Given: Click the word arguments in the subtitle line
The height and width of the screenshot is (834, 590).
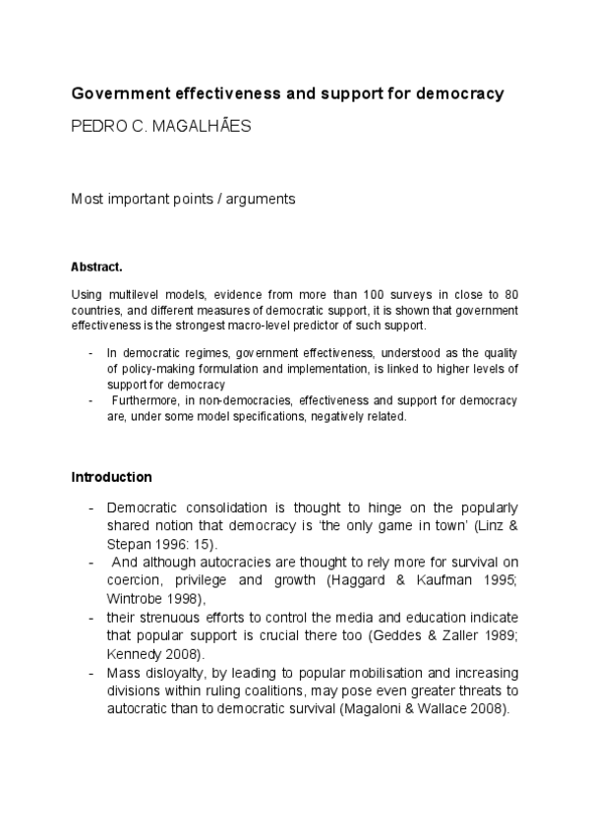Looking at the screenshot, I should pos(264,199).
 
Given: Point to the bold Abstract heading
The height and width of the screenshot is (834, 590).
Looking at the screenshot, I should pos(96,267).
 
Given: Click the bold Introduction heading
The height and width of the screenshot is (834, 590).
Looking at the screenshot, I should pos(112,477).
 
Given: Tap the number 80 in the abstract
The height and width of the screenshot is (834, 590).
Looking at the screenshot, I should pos(510,294).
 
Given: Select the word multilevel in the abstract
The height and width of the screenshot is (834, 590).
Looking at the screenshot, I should pos(130,294).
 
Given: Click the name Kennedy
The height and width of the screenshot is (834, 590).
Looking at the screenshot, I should pos(133,653).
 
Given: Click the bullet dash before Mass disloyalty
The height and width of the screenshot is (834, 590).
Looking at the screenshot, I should pos(90,672).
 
